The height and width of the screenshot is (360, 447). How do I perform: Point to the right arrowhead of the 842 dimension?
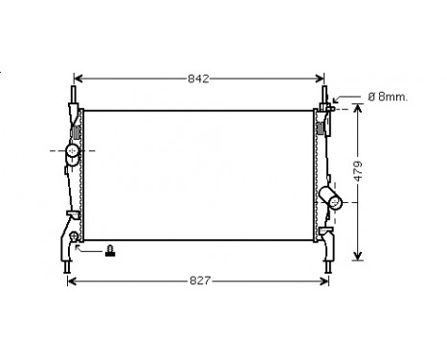[x=322, y=78]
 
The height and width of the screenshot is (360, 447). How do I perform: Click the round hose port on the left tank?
[x=70, y=150]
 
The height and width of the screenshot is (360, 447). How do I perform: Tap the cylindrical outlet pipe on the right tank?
[x=333, y=199]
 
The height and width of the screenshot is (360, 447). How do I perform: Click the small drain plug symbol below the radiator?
[x=111, y=251]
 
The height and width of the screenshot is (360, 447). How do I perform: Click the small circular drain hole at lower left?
[x=74, y=236]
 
